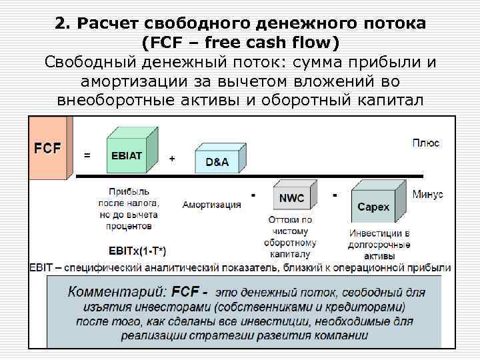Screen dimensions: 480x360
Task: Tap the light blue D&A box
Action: [217, 160]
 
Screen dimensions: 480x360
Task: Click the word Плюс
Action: [425, 143]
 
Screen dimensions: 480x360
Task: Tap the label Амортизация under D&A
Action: [212, 205]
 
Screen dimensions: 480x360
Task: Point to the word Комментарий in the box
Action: [117, 292]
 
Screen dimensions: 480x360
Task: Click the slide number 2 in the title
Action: [61, 24]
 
